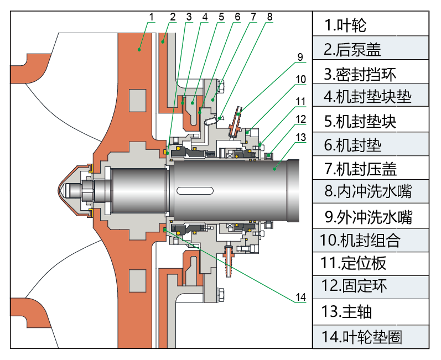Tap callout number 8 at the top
(269, 16)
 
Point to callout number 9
(299, 56)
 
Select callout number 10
(300, 79)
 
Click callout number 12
(300, 118)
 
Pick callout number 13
(300, 137)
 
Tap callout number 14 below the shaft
(300, 298)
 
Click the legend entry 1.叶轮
(345, 25)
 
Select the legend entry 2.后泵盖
(352, 50)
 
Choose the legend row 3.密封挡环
(360, 74)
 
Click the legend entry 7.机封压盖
(360, 168)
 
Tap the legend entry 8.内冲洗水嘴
(368, 191)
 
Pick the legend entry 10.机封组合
(360, 241)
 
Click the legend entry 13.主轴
(346, 311)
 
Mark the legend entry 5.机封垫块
(360, 121)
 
